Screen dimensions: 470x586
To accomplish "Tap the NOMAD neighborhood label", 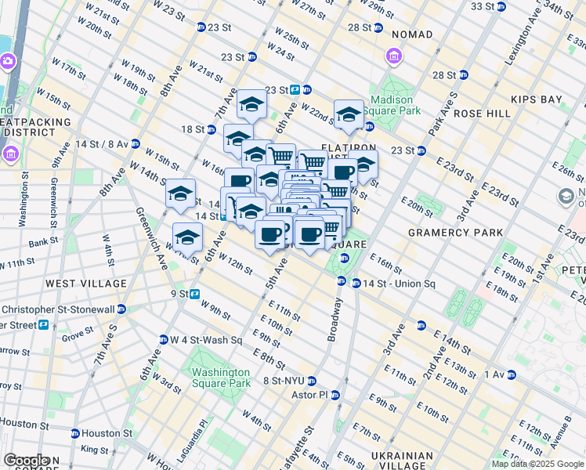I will pos(412,35).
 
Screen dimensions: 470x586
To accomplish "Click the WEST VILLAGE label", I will pos(85,283).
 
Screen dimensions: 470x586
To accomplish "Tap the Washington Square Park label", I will pos(221,378).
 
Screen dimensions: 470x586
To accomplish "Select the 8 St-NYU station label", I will pos(284,381).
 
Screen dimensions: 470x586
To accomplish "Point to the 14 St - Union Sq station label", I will pos(389,283).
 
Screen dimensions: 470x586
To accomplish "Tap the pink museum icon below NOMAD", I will pos(393,56).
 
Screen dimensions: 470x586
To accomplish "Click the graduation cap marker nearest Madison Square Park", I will pos(349,114).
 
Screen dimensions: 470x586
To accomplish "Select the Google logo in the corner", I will pos(26,461).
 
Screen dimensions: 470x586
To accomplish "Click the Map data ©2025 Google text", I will pos(537,464).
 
